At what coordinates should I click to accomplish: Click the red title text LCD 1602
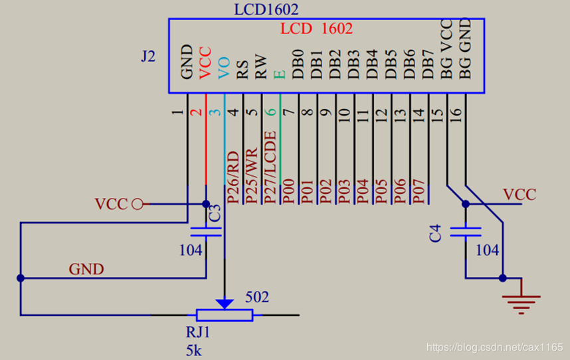(x=316, y=29)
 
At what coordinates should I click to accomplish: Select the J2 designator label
(x=148, y=56)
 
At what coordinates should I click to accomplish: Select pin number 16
(x=456, y=114)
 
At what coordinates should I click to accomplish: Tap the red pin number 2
(x=196, y=111)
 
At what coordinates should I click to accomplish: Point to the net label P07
(x=419, y=189)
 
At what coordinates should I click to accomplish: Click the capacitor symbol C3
(x=206, y=232)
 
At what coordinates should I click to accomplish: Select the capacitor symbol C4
(x=465, y=232)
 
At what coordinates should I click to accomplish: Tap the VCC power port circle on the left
(x=138, y=204)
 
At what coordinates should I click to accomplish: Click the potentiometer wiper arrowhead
(x=225, y=304)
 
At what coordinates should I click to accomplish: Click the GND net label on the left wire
(x=86, y=269)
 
